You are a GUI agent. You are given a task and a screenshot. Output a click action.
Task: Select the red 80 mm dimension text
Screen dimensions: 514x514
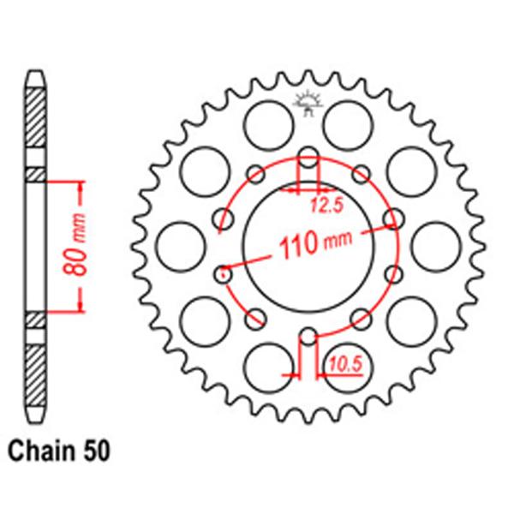coord(75,246)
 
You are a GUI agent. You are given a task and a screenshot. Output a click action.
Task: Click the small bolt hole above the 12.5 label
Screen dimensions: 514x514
coord(308,158)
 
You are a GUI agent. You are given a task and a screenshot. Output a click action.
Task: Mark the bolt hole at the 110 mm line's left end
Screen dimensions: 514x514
coord(224,274)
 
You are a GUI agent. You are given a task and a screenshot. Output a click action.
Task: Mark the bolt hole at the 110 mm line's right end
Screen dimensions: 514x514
coord(393,218)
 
